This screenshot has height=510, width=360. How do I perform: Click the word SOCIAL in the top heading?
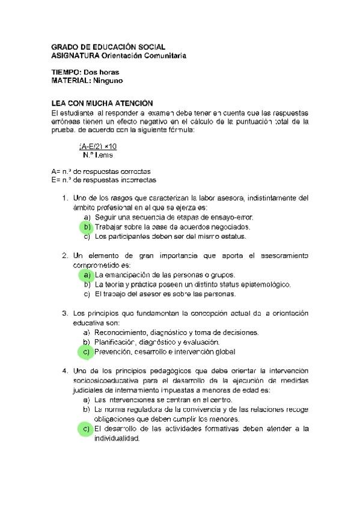(149, 47)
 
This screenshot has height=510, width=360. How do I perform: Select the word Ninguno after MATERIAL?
(108, 81)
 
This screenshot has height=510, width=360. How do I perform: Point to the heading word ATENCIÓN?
(132, 104)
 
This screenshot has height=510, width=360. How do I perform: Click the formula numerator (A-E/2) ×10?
(98, 146)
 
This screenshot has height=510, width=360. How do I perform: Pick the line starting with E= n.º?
(104, 180)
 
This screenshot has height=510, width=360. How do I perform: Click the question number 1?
(64, 197)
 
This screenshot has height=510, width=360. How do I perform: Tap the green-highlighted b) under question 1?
(87, 227)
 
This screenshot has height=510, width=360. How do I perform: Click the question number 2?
(64, 256)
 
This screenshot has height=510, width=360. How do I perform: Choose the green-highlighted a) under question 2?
(87, 275)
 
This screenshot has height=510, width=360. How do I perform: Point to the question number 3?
(64, 313)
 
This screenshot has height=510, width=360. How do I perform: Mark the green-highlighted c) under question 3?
(87, 352)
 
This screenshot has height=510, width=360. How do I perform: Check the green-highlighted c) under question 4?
(87, 429)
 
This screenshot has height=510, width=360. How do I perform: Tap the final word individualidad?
(117, 438)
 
